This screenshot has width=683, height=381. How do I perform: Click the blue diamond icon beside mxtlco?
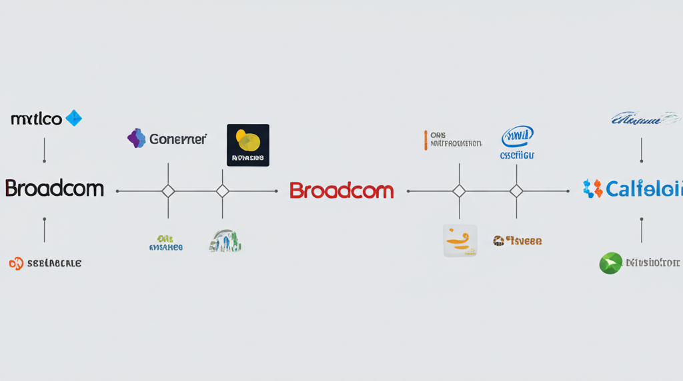pyautogui.click(x=73, y=119)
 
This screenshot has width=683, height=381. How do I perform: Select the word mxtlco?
pyautogui.click(x=37, y=119)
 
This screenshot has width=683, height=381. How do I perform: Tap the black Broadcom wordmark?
pyautogui.click(x=55, y=189)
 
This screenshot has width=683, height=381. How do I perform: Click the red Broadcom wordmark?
pyautogui.click(x=341, y=190)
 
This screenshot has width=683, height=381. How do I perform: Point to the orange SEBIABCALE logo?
pyautogui.click(x=45, y=263)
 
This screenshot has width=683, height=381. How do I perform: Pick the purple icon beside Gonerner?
pyautogui.click(x=137, y=138)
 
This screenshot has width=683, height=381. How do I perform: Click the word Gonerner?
pyautogui.click(x=178, y=139)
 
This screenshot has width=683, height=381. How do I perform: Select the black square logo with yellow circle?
pyautogui.click(x=248, y=145)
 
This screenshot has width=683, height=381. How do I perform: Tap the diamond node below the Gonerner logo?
pyautogui.click(x=168, y=191)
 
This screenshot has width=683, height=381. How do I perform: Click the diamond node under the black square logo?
pyautogui.click(x=223, y=191)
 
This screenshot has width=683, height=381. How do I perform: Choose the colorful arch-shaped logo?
pyautogui.click(x=225, y=240)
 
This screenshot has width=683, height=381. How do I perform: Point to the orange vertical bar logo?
pyautogui.click(x=425, y=139)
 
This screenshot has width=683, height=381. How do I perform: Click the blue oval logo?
pyautogui.click(x=518, y=136)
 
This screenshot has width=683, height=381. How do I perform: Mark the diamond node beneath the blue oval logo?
pyautogui.click(x=516, y=191)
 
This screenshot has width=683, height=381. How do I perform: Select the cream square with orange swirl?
pyautogui.click(x=460, y=240)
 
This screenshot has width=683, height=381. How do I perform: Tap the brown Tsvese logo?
pyautogui.click(x=518, y=240)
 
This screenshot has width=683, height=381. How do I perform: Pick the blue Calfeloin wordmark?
pyautogui.click(x=644, y=189)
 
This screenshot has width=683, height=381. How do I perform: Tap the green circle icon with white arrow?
pyautogui.click(x=610, y=263)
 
